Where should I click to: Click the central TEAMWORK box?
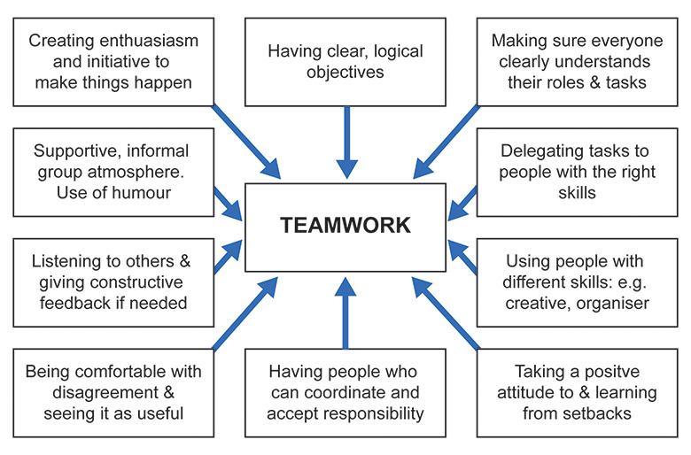pos(345,226)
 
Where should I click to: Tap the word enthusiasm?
pos(151,41)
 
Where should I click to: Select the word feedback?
pos(78,303)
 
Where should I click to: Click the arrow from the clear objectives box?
pos(345,142)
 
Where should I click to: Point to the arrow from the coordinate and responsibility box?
pos(345,310)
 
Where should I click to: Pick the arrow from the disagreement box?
pos(239,314)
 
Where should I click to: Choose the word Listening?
pos(67,261)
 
